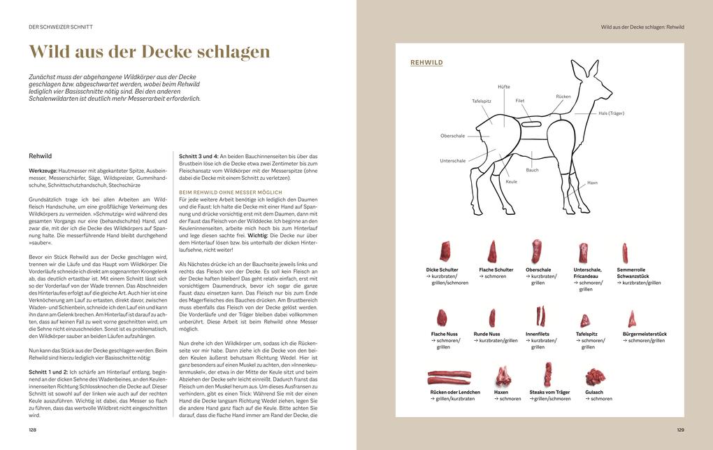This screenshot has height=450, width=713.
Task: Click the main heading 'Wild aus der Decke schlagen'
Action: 149,52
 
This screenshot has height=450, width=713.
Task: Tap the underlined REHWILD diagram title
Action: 426,63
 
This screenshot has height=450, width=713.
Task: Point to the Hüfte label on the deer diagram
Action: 504,87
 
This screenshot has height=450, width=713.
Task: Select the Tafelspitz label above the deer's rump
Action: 482,101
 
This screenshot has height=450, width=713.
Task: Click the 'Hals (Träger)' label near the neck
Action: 611,113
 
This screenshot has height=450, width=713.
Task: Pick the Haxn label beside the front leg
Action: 592,183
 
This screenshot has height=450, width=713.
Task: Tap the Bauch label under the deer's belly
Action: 533,170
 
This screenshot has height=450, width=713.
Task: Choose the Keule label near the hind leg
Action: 511,182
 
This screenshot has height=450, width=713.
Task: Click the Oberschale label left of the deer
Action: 453,136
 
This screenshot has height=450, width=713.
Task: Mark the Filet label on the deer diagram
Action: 520,101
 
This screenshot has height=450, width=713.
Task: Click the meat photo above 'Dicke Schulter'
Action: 444,251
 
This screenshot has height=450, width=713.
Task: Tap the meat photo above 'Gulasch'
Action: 596,377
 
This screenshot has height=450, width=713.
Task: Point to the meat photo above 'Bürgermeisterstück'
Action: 632,319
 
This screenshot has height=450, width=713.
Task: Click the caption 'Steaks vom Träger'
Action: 549,393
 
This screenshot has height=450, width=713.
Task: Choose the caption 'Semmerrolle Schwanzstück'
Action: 633,273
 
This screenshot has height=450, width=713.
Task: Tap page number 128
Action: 32,430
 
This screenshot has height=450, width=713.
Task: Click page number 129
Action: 680,430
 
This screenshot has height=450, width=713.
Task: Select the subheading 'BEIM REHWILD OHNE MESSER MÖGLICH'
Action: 231,192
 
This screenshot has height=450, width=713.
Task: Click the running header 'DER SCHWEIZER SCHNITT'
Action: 61,27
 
